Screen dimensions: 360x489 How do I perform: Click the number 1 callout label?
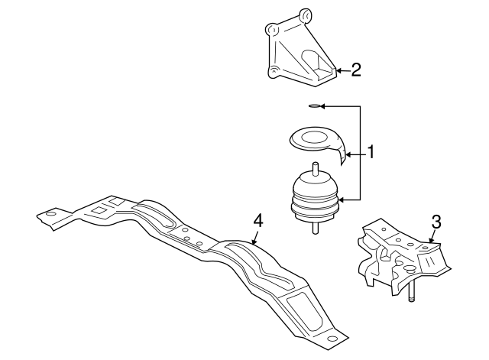(x=371, y=152)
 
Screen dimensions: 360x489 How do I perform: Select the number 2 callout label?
(x=356, y=71)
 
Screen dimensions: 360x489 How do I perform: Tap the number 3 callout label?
(x=436, y=222)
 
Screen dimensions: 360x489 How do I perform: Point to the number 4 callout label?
(x=258, y=220)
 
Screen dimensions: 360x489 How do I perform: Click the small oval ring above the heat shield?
(x=314, y=105)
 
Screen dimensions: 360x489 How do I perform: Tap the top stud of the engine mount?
(x=314, y=169)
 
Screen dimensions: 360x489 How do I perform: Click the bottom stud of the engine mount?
(x=315, y=227)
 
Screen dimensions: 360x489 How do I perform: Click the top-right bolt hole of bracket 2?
(x=306, y=14)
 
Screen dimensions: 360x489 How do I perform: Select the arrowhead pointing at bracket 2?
(x=338, y=71)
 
